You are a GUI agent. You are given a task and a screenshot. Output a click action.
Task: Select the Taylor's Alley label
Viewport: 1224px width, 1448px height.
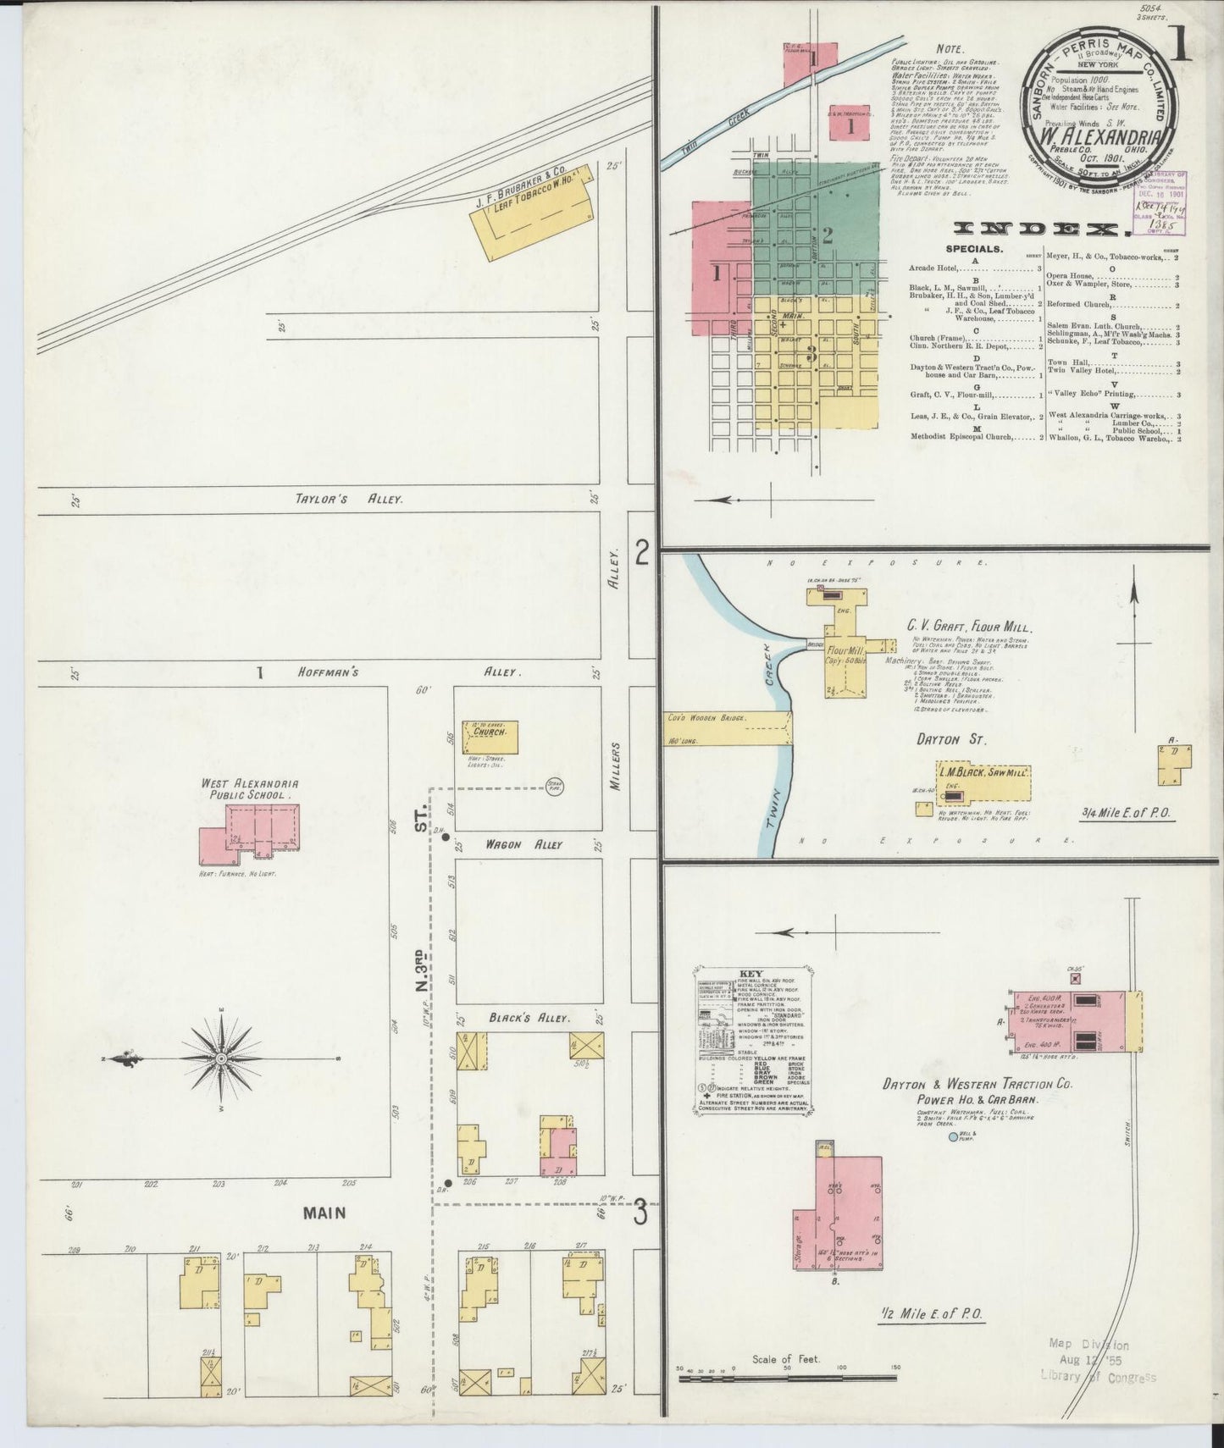point(348,500)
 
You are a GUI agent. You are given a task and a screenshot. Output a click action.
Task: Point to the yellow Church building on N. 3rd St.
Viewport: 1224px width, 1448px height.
point(490,736)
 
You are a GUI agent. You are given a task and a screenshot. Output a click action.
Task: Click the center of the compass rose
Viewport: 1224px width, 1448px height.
point(221,1058)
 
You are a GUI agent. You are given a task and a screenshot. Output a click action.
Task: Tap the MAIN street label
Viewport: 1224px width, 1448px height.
point(325,1213)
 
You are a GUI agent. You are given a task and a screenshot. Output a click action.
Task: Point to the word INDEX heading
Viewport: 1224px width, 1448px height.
point(1041,229)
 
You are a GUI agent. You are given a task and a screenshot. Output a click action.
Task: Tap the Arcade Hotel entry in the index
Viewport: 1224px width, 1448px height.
point(933,268)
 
